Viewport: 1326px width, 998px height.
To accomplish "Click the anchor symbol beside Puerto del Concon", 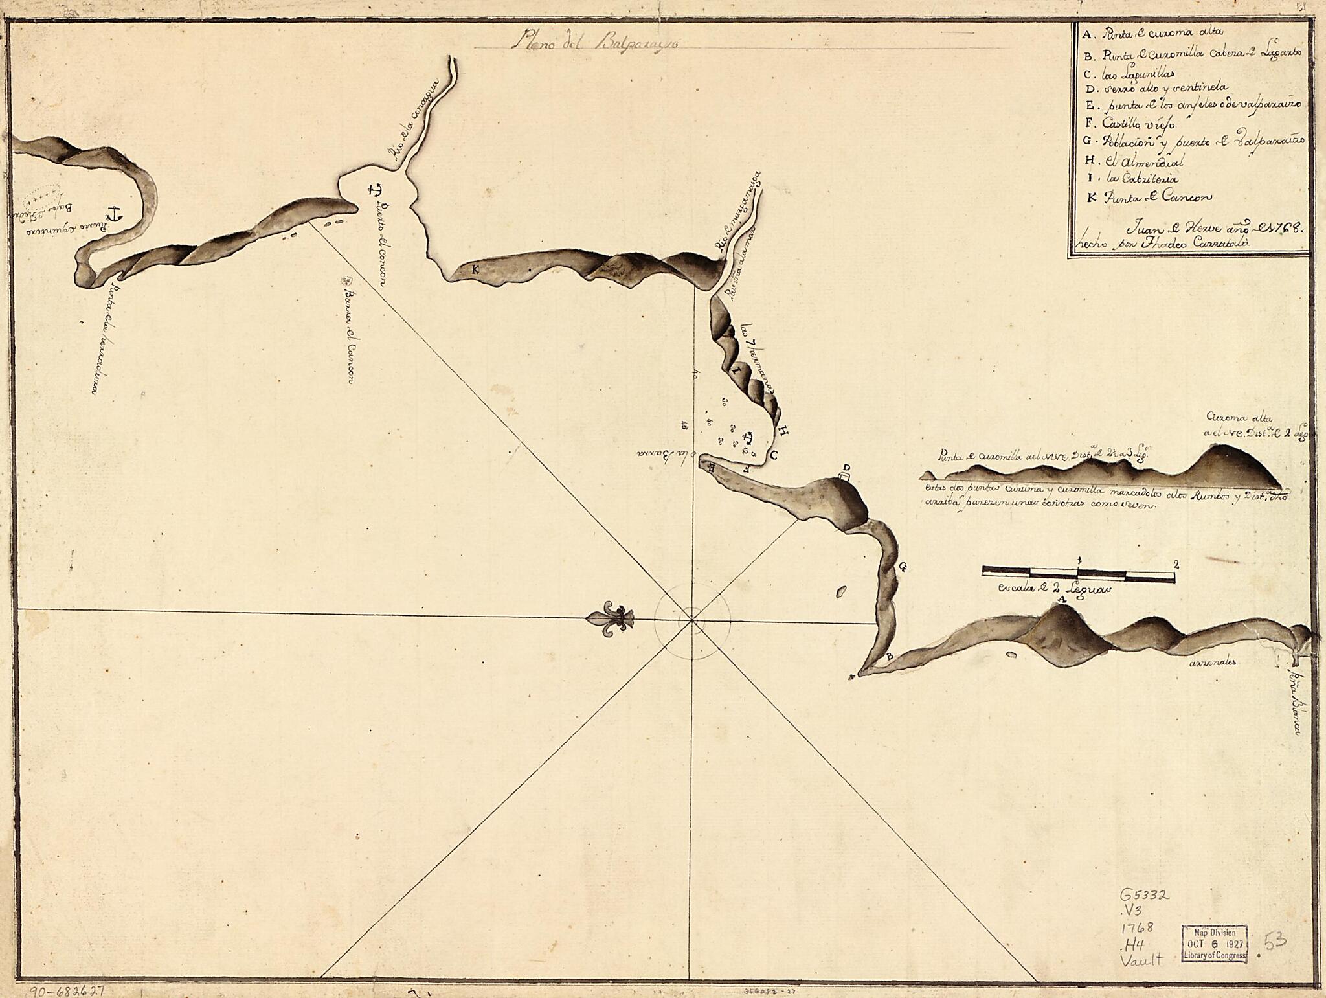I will point(374,190).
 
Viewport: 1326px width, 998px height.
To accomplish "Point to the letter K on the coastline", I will point(475,270).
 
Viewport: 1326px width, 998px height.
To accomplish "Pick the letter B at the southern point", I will point(890,657).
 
